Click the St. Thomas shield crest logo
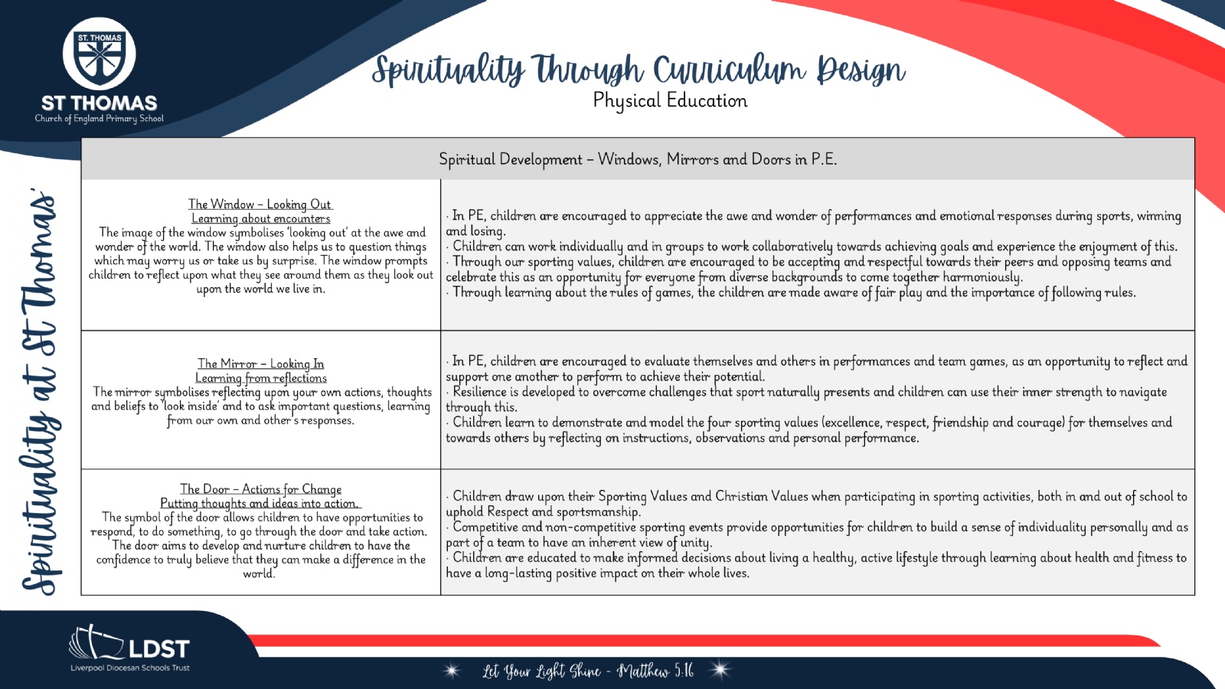coord(99,54)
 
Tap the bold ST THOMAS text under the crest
coord(99,103)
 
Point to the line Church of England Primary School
coord(99,119)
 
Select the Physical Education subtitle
coord(670,100)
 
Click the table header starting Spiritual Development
coord(638,159)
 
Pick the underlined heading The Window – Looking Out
coord(260,204)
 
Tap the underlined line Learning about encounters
coord(261,219)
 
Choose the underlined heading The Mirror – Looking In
coord(261,364)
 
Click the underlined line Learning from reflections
coord(261,378)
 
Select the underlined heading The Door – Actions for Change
coord(261,489)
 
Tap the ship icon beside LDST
coord(96,642)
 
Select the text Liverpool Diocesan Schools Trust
coord(130,668)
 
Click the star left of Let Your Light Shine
coord(452,670)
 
